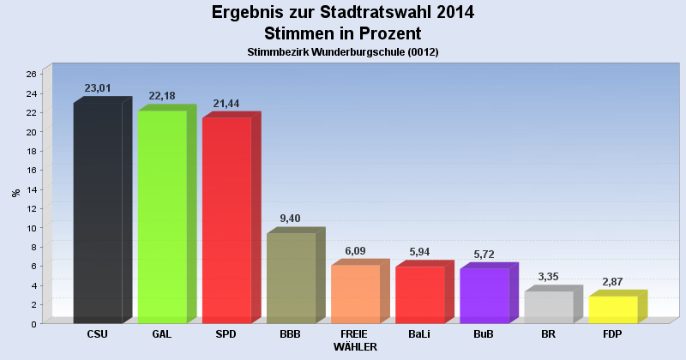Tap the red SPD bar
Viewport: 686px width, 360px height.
click(226, 220)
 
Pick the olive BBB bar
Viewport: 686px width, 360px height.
click(291, 278)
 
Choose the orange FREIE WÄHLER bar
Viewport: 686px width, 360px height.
click(355, 293)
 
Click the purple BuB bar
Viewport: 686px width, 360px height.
click(484, 295)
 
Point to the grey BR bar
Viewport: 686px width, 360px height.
click(548, 307)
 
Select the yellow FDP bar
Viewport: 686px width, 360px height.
click(612, 309)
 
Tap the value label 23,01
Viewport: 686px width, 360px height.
click(98, 87)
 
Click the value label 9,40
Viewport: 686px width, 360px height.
click(291, 219)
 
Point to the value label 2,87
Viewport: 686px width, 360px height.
click(612, 281)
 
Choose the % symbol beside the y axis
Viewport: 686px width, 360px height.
click(15, 193)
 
